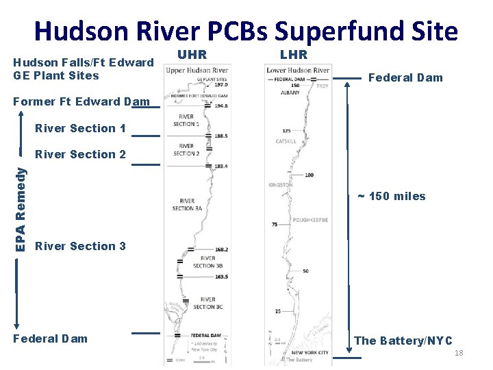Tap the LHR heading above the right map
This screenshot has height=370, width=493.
pyautogui.click(x=293, y=54)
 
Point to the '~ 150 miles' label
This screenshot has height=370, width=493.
pyautogui.click(x=392, y=197)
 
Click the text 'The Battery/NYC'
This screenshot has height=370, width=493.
pyautogui.click(x=403, y=341)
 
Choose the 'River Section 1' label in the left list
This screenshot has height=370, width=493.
pyautogui.click(x=80, y=128)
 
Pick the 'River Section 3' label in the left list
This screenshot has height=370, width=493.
pyautogui.click(x=80, y=246)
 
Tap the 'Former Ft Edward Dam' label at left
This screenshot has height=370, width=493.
pyautogui.click(x=81, y=102)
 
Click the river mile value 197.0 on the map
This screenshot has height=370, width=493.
pyautogui.click(x=220, y=84)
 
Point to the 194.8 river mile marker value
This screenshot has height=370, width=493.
pyautogui.click(x=220, y=106)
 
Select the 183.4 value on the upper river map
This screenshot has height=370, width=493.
pyautogui.click(x=220, y=166)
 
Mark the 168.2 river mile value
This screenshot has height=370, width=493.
pyautogui.click(x=220, y=250)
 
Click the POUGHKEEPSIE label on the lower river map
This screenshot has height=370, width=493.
pyautogui.click(x=309, y=220)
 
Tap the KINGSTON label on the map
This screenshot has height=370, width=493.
pyautogui.click(x=280, y=185)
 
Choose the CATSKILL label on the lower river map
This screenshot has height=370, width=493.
pyautogui.click(x=286, y=141)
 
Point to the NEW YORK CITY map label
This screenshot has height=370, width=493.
pyautogui.click(x=309, y=352)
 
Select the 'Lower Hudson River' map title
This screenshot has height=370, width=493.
pyautogui.click(x=298, y=70)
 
